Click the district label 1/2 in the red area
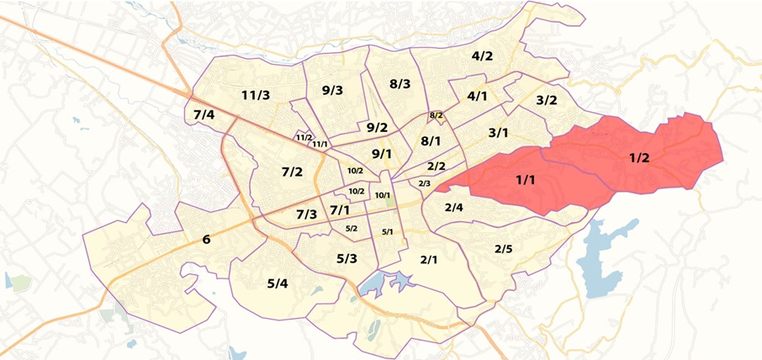tap(638, 157)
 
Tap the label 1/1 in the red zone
tap(525, 179)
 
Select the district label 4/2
tap(482, 56)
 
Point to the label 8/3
tap(400, 83)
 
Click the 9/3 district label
tap(332, 90)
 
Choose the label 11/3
tap(255, 94)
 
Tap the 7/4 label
tap(204, 114)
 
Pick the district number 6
tap(206, 240)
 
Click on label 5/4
tap(278, 283)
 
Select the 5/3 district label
tap(347, 258)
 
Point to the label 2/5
tap(503, 248)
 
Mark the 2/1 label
tap(429, 259)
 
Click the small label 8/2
tap(436, 115)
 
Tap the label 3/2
tap(547, 100)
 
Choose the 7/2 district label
tap(292, 172)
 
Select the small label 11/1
tap(320, 144)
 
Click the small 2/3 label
tap(424, 183)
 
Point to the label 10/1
tap(383, 195)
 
